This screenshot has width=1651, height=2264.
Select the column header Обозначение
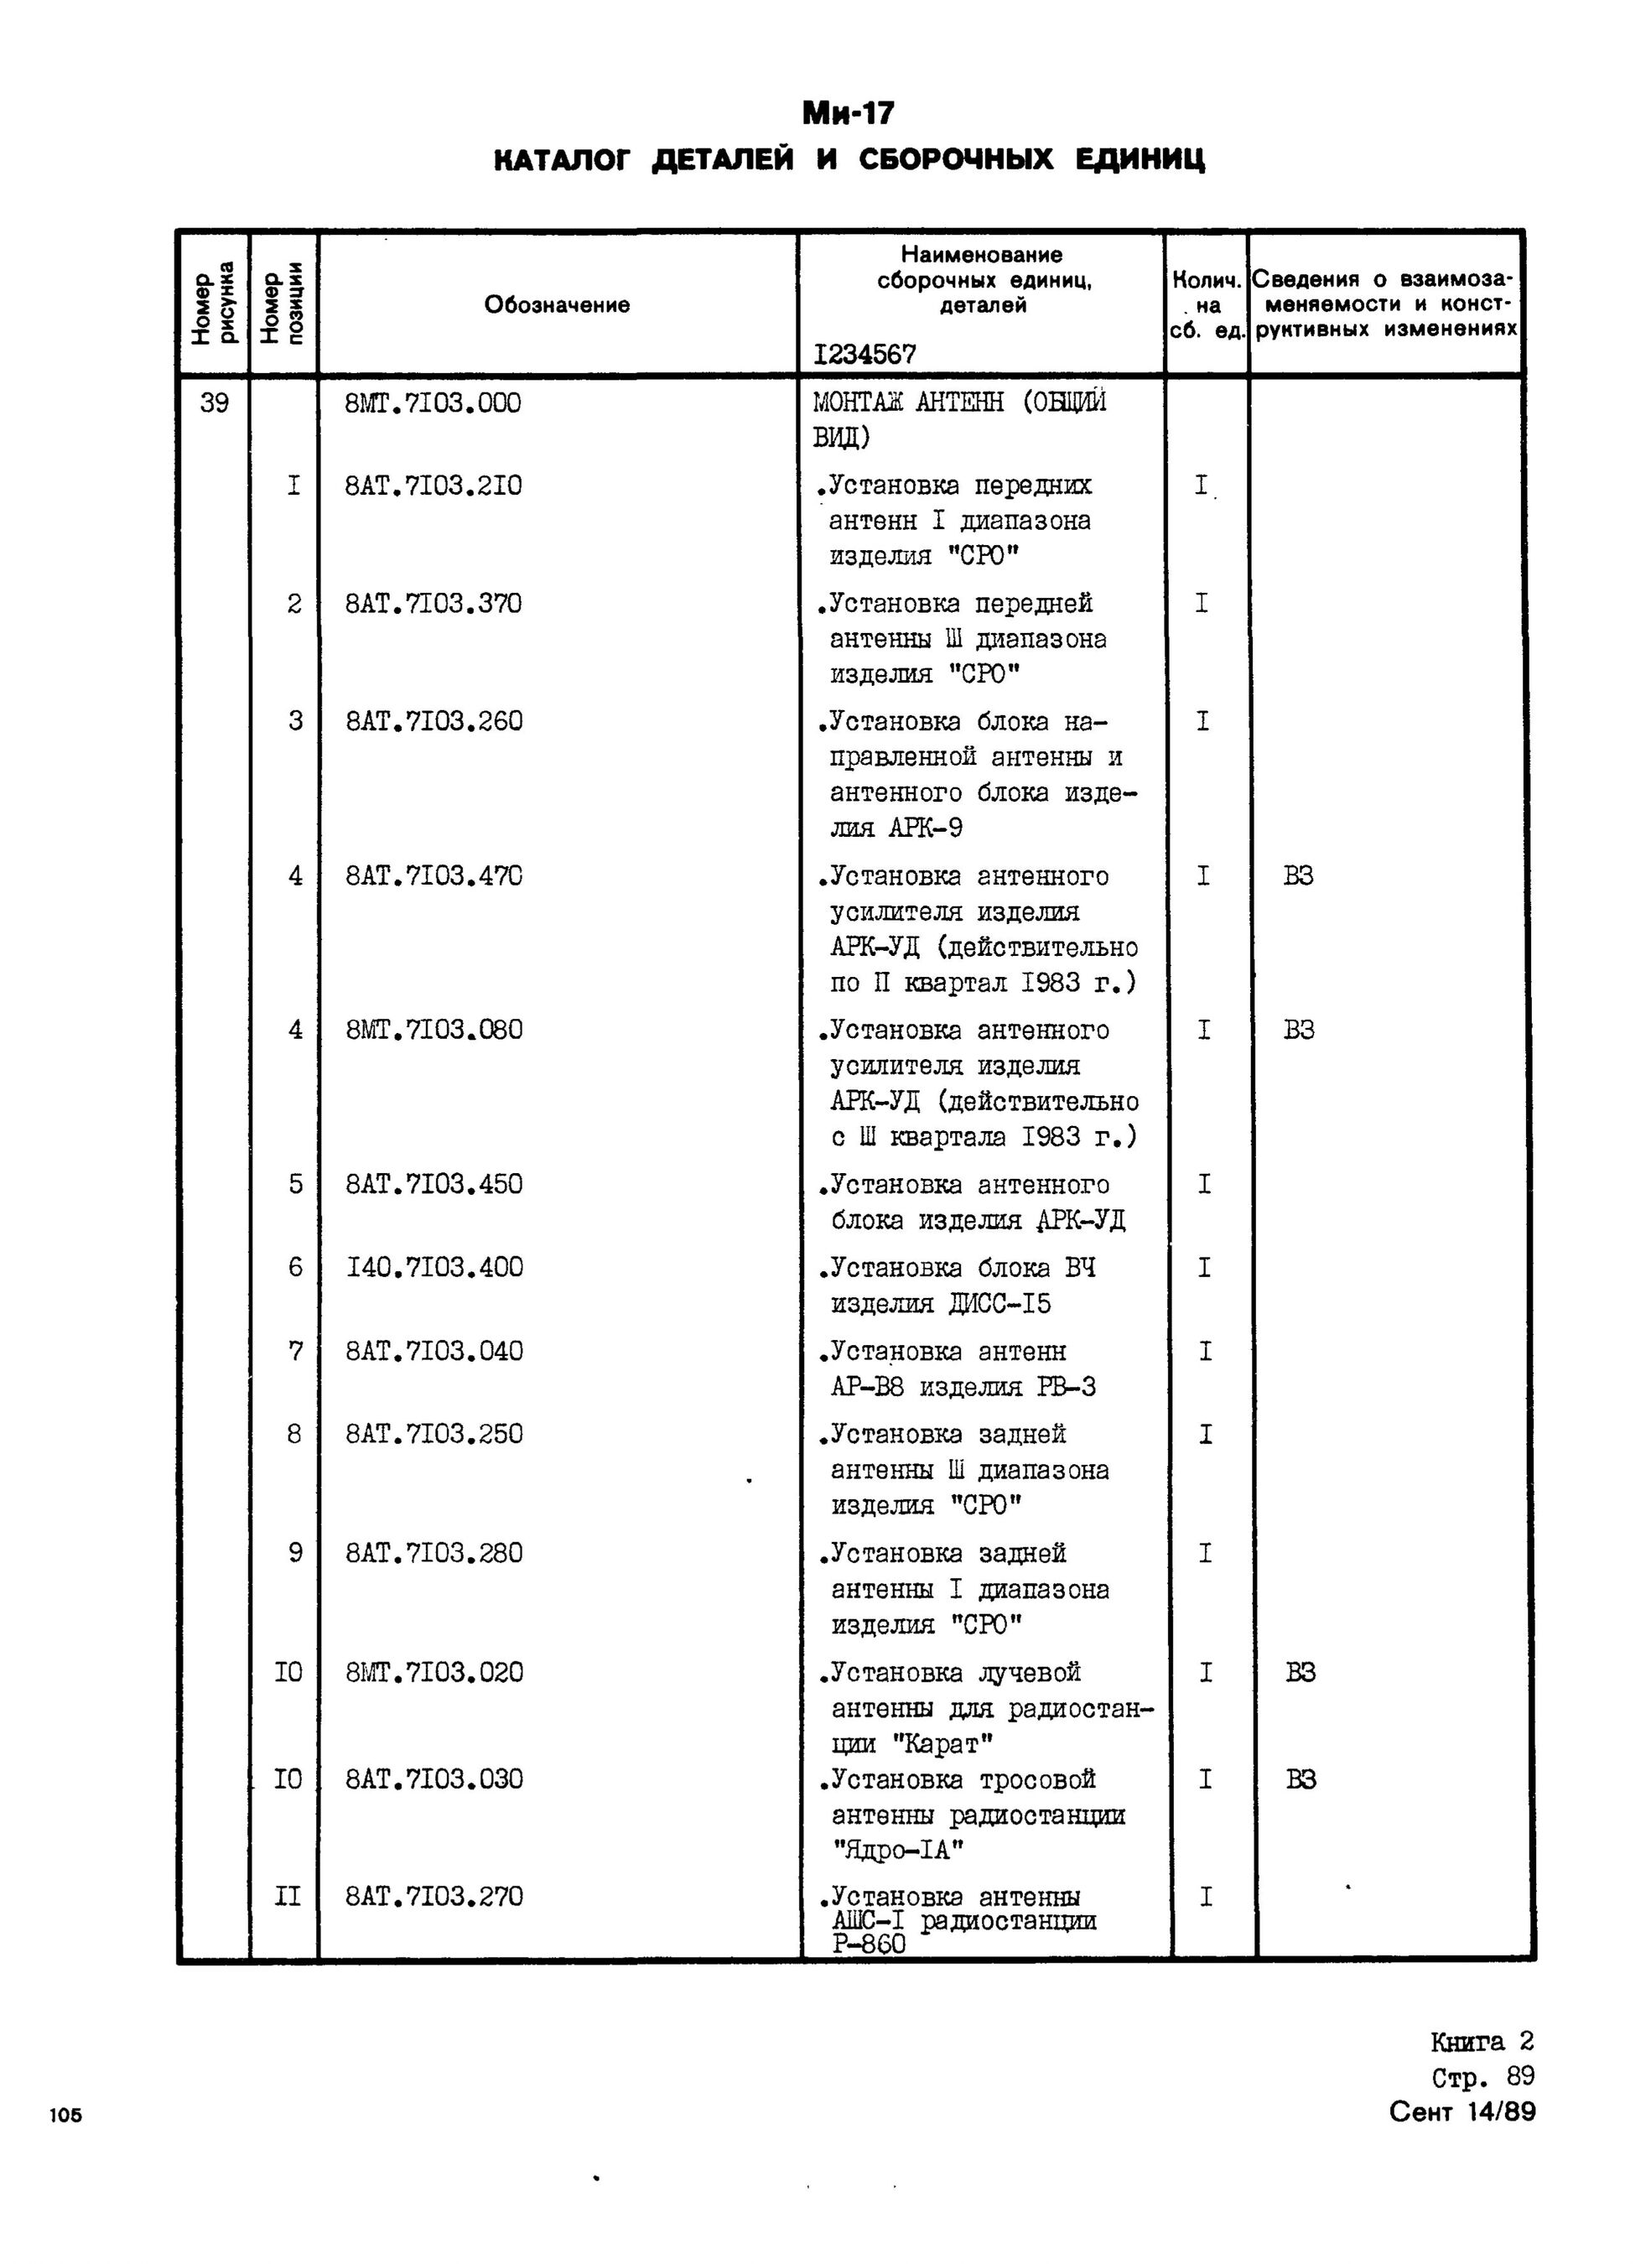(x=557, y=305)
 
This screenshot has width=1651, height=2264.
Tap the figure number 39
(x=214, y=402)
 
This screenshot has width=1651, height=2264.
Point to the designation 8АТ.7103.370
(x=433, y=604)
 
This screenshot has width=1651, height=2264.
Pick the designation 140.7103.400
(x=433, y=1268)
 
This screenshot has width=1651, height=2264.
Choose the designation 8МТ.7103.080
(x=434, y=1030)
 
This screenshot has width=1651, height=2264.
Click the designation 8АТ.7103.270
(x=434, y=1896)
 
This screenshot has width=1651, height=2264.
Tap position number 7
(x=295, y=1352)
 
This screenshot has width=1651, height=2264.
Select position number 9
(x=295, y=1553)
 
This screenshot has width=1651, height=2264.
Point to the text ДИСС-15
(x=1000, y=1303)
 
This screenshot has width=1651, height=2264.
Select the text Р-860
(x=869, y=1945)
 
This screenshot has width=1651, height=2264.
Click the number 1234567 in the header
(x=864, y=355)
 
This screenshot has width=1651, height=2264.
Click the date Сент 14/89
(x=1461, y=2112)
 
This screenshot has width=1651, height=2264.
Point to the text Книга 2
(x=1481, y=2041)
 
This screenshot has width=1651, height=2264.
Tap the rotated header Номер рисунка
(x=214, y=304)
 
